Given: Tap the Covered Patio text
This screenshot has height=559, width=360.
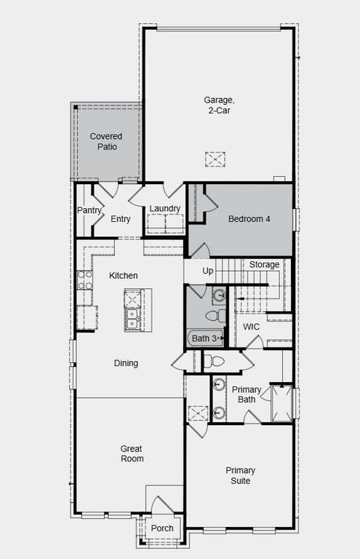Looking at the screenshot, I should pyautogui.click(x=105, y=141).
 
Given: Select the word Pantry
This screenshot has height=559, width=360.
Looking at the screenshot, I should pyautogui.click(x=89, y=211).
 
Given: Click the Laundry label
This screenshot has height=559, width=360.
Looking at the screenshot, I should pyautogui.click(x=164, y=209).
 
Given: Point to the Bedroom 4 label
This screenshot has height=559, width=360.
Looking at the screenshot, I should pyautogui.click(x=249, y=218).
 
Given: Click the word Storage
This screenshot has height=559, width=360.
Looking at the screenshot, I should pyautogui.click(x=264, y=264).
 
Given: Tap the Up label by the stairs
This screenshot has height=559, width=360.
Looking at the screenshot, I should pyautogui.click(x=208, y=271).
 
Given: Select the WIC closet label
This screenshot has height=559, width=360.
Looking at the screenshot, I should pyautogui.click(x=251, y=327).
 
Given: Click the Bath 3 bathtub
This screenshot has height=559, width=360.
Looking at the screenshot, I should pyautogui.click(x=205, y=338).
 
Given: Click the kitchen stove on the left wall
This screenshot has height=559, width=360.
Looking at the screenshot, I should pyautogui.click(x=84, y=279).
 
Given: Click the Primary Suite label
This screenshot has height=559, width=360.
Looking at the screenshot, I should pyautogui.click(x=240, y=475).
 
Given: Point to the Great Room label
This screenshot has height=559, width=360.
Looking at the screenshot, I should pyautogui.click(x=132, y=453).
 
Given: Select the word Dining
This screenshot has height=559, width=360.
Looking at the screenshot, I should pyautogui.click(x=125, y=363).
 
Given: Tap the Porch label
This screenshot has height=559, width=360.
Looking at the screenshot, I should pyautogui.click(x=162, y=528).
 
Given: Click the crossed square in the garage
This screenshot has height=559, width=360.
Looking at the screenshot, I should pyautogui.click(x=215, y=159).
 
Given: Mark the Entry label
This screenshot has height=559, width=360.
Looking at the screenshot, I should pyautogui.click(x=121, y=218).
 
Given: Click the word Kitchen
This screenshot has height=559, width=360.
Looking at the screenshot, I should pyautogui.click(x=124, y=276).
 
